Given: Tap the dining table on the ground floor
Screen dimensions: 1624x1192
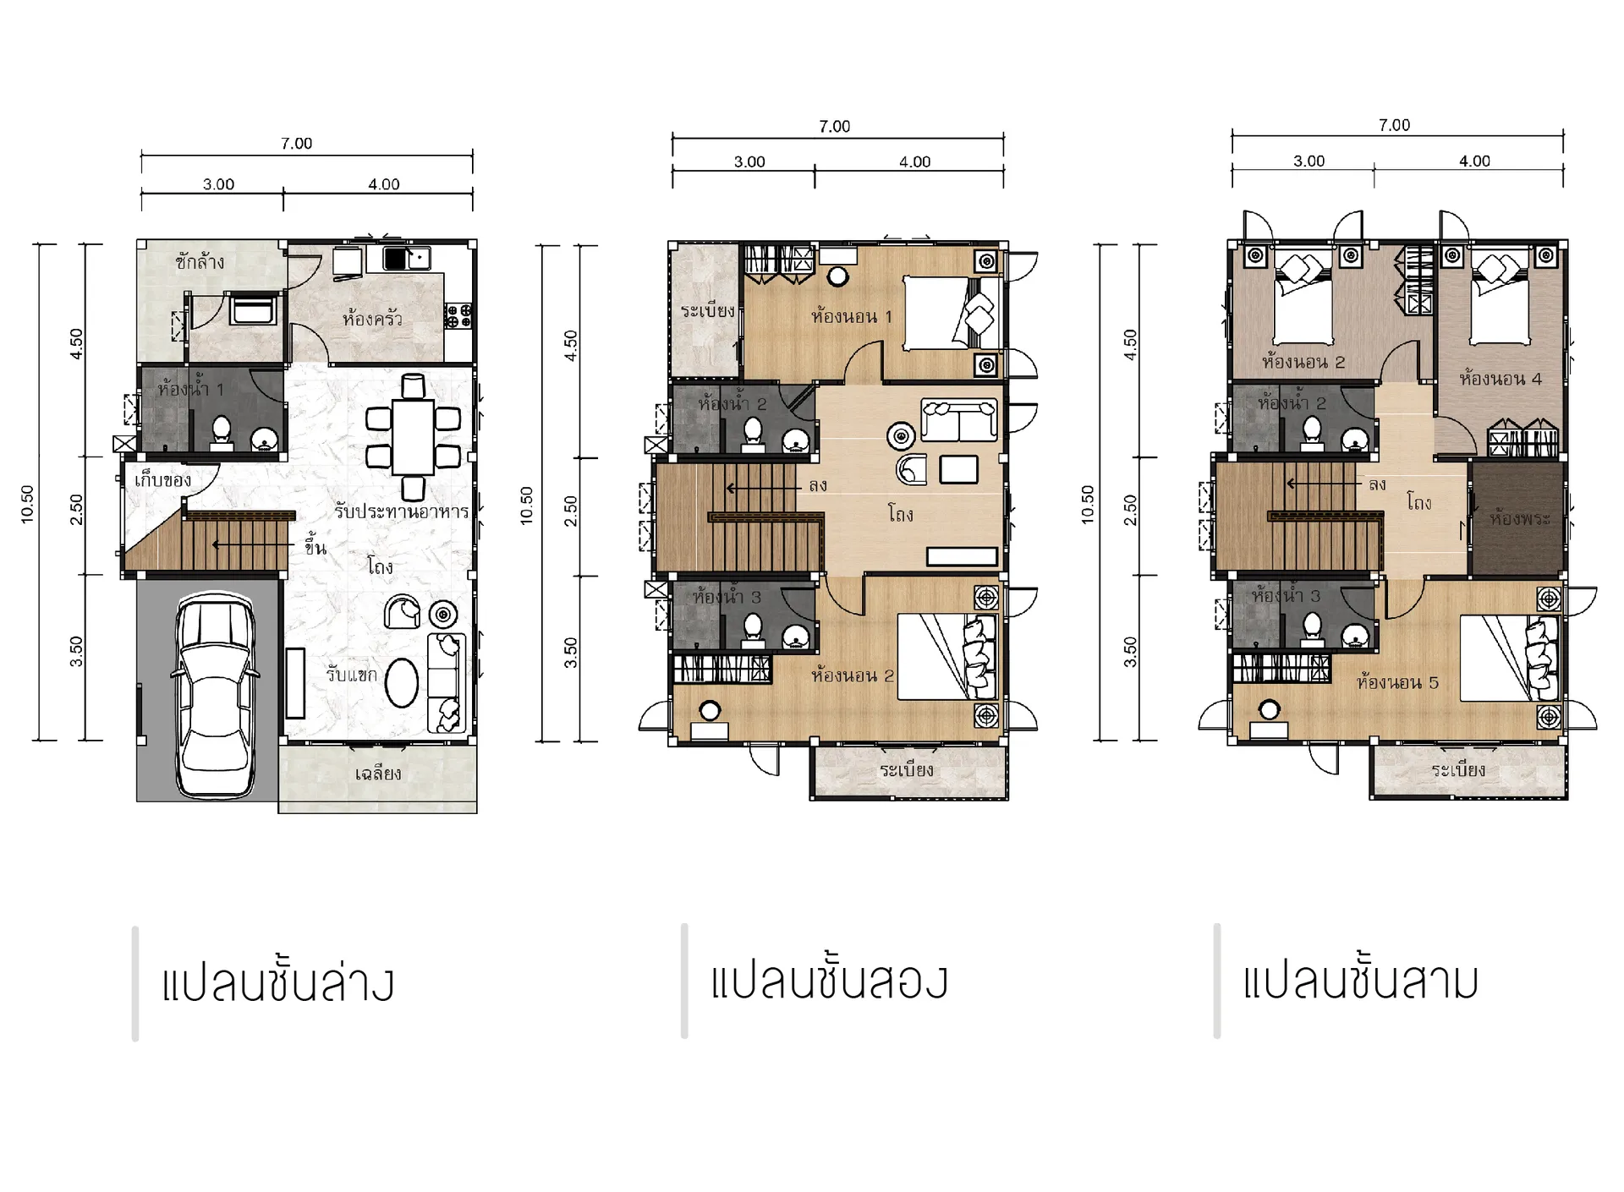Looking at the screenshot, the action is [413, 437].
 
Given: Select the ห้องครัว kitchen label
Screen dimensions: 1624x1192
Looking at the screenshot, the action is [372, 320].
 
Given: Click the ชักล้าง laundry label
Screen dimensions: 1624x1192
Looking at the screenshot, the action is [200, 262].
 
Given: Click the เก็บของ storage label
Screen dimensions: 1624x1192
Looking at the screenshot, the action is [162, 480].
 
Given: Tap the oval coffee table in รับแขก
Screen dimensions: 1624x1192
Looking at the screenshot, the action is [401, 682].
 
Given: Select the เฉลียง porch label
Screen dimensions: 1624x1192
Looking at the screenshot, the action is [377, 773].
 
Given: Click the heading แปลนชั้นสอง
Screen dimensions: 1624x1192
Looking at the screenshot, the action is [829, 981].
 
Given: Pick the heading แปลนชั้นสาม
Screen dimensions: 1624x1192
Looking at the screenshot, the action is [1360, 981].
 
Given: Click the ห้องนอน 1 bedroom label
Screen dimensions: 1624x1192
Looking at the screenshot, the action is [851, 317].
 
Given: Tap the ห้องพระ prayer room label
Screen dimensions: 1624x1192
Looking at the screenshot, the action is [1520, 518].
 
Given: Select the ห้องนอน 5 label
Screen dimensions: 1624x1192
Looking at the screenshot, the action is [1396, 682].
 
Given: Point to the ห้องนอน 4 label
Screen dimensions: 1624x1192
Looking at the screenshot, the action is [1501, 379].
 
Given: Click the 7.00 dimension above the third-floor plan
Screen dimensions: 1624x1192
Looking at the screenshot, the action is [1394, 125].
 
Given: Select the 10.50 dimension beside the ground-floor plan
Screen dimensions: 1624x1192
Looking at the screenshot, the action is [27, 505].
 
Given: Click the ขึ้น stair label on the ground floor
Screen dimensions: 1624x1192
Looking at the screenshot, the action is [315, 546].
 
